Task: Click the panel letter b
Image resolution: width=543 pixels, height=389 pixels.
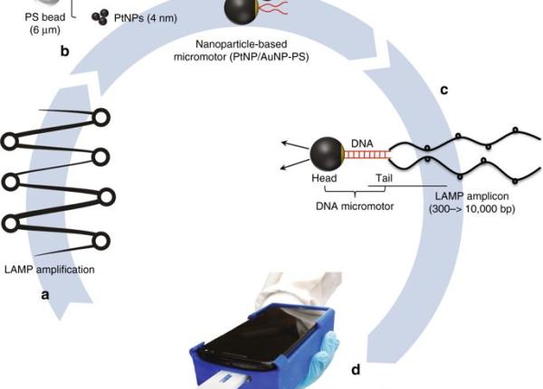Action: (x=64, y=52)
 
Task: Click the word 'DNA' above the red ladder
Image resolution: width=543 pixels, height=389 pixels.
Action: (x=361, y=142)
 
